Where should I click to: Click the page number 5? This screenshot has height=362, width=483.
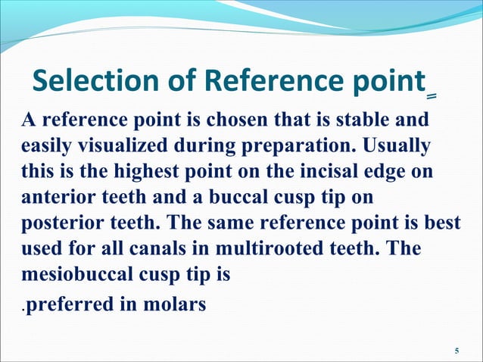(456, 350)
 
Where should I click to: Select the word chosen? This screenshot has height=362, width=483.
(238, 119)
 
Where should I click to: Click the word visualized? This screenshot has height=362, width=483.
(113, 145)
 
